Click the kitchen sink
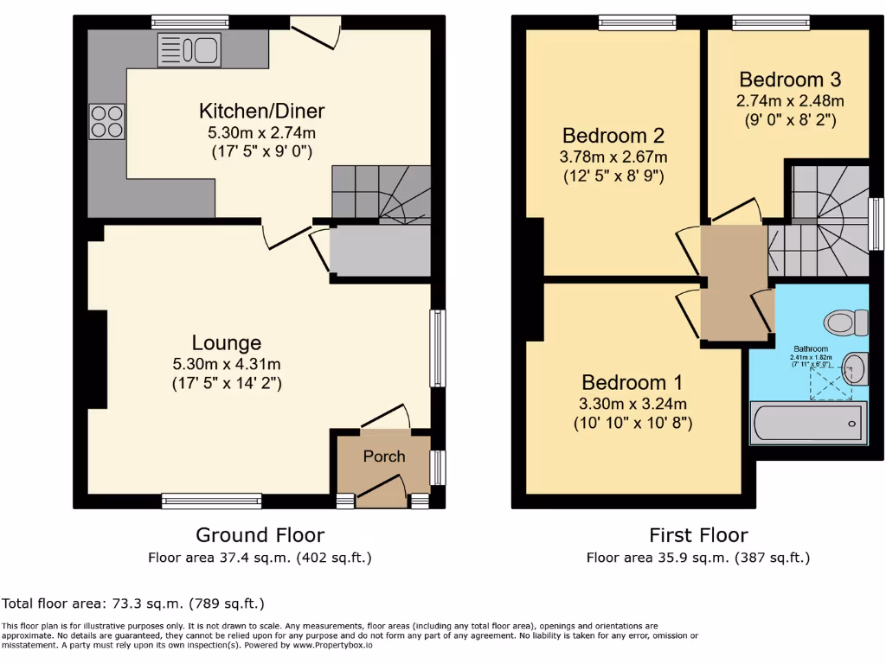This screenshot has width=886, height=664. tap(189, 49)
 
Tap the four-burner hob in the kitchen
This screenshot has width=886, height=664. tap(106, 121)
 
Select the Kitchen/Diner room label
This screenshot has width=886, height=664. tap(261, 112)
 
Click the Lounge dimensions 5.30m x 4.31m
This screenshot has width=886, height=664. tap(226, 364)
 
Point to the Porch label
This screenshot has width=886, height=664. tap(383, 456)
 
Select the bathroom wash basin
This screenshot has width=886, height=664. tap(853, 368)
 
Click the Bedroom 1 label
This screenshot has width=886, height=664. tap(632, 383)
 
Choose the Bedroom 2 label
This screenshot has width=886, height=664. tap(613, 136)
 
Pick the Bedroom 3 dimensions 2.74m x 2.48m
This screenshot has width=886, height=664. tap(788, 101)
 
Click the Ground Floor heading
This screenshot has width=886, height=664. tap(260, 535)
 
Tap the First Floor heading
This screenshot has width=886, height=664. tap(698, 535)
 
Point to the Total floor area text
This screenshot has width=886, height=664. tap(133, 603)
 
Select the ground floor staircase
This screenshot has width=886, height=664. tap(381, 195)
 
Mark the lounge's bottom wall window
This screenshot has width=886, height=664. tap(211, 500)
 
